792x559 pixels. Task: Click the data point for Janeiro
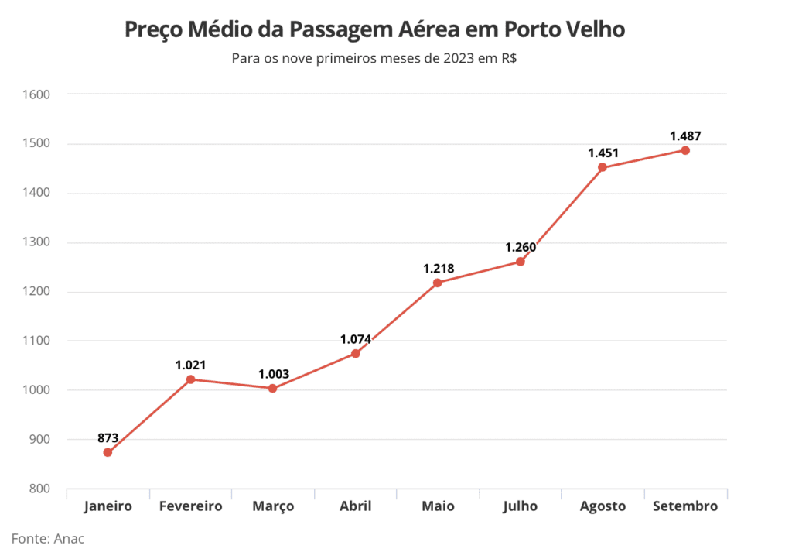tap(108, 452)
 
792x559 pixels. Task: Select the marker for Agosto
tap(603, 167)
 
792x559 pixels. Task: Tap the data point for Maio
tap(438, 283)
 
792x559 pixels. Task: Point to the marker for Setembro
tap(685, 150)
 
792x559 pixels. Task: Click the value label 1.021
tap(190, 365)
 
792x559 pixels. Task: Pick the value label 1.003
tap(273, 374)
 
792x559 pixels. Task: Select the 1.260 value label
tap(521, 248)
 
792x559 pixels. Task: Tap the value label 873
tap(108, 438)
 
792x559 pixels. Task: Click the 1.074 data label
tap(356, 339)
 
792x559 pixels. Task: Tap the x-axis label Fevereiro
tap(190, 506)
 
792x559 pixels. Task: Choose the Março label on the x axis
tap(273, 506)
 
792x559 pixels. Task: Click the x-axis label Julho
tap(520, 506)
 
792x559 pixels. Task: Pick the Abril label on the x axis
tap(356, 506)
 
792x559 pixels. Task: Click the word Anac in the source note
tap(68, 539)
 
